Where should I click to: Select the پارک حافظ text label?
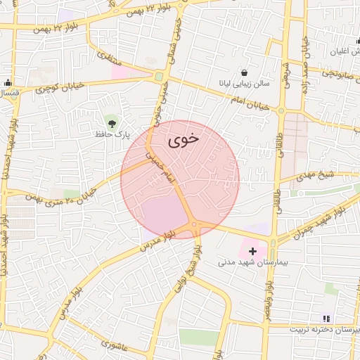(113, 134)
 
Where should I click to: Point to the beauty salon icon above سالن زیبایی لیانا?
(243, 72)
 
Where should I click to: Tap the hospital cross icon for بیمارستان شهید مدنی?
(253, 250)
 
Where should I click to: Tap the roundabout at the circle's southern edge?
(195, 225)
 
